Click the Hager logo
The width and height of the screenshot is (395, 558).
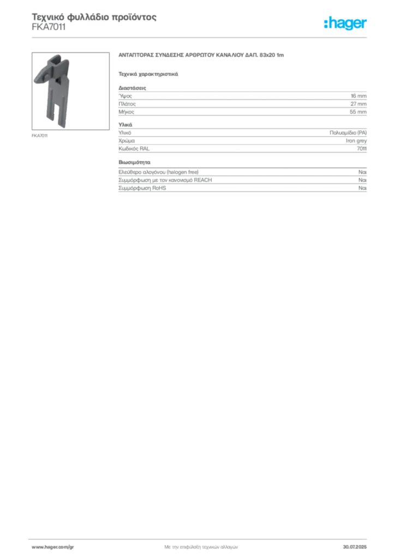point(345,23)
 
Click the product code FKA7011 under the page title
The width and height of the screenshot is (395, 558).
point(49,27)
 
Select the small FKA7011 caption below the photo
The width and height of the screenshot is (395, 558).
point(39,136)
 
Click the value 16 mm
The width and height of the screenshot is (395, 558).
point(358,96)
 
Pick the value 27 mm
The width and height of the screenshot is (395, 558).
point(358,104)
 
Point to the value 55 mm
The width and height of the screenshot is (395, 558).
point(358,112)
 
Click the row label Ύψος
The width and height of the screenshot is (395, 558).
point(125,96)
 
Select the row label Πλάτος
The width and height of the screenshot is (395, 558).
point(127,104)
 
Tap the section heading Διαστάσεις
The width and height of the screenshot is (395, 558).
point(132,88)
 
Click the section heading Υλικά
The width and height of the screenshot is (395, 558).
point(125,125)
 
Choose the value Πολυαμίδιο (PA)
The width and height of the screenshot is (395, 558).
point(348,133)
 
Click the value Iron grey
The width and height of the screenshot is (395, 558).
point(356,141)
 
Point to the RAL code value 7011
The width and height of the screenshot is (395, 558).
point(362,149)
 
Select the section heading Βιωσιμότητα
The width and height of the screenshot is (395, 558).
point(134,162)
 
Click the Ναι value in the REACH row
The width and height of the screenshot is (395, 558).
point(363,180)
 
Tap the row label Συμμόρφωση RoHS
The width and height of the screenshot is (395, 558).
point(142,188)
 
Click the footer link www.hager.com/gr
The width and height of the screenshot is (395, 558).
point(53,547)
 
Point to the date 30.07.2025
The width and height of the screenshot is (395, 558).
point(355,547)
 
